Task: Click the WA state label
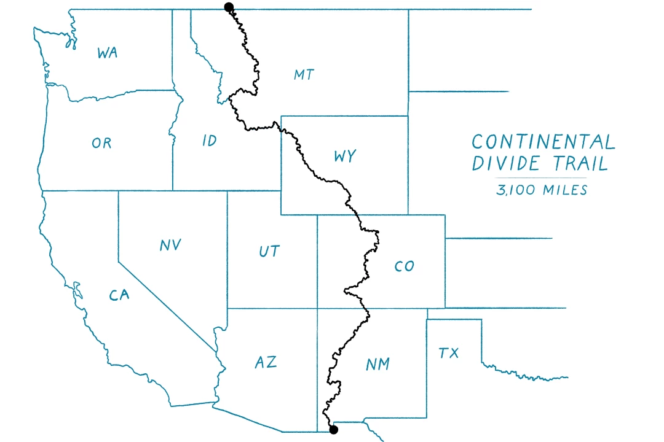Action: click(107, 53)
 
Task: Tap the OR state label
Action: click(101, 143)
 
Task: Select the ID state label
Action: click(209, 141)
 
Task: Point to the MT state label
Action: click(304, 75)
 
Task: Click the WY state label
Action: click(345, 157)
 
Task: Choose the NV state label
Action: click(170, 245)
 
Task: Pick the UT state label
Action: click(269, 251)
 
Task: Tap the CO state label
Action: click(404, 266)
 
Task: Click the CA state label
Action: click(119, 296)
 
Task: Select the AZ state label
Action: click(266, 362)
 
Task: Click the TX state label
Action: click(449, 353)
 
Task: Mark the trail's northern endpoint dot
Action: click(229, 7)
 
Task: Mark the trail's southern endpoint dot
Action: click(334, 430)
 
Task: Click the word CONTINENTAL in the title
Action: click(543, 142)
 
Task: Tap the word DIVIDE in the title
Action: click(507, 163)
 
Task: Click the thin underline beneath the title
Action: click(542, 178)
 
